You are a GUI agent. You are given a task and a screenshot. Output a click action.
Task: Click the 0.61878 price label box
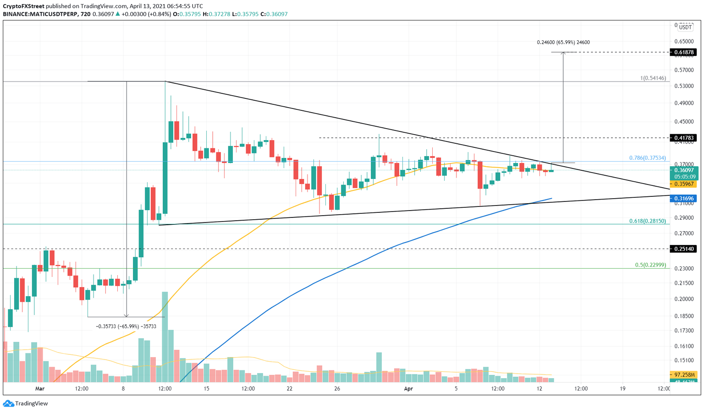click(683, 52)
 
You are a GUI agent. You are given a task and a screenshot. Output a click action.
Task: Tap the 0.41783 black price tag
click(683, 138)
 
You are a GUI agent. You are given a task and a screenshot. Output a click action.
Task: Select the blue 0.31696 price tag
click(683, 198)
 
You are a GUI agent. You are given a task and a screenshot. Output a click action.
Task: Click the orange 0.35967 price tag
click(683, 184)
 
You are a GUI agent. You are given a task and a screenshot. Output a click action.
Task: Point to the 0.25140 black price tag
click(683, 249)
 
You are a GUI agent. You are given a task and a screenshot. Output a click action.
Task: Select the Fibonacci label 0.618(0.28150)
click(647, 221)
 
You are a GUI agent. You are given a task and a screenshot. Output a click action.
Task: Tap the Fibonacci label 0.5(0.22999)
click(650, 265)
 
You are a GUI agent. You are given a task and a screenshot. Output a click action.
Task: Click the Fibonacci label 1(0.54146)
click(653, 78)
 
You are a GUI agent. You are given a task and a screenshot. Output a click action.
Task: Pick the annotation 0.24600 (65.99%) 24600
click(563, 42)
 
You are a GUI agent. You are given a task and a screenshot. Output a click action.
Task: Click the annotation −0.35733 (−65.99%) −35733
click(126, 326)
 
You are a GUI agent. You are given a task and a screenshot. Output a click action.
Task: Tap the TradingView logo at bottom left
click(26, 403)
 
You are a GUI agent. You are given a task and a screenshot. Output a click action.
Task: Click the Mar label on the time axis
click(40, 389)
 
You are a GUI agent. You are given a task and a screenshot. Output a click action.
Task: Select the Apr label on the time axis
click(408, 389)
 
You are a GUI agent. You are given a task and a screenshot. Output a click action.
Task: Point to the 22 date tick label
click(289, 389)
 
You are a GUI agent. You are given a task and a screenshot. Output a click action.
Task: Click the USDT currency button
click(686, 28)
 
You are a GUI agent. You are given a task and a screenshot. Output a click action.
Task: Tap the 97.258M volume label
click(683, 374)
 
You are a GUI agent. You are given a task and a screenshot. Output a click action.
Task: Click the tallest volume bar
click(165, 336)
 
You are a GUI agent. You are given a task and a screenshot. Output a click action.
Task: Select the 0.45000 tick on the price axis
click(683, 121)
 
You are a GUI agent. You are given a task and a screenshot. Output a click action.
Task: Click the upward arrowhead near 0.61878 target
click(563, 54)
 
